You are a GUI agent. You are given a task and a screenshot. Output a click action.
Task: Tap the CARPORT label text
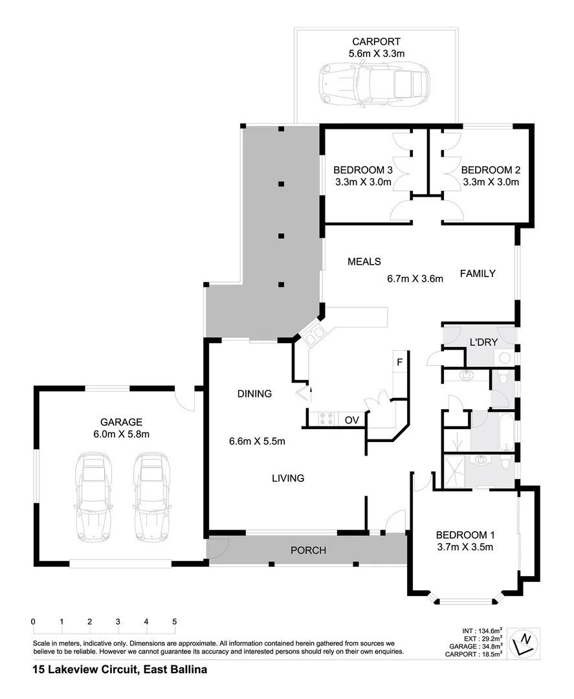(x=376, y=42)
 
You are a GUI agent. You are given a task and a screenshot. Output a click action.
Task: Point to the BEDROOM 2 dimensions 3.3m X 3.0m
(x=491, y=183)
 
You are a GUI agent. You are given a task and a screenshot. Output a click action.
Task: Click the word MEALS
(x=364, y=261)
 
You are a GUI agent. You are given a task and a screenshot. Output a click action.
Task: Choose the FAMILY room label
(x=478, y=273)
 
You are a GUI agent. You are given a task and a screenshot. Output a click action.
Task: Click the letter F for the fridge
(x=399, y=362)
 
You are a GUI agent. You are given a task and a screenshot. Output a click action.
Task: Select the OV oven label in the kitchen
(x=351, y=420)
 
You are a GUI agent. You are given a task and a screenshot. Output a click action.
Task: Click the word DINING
(x=254, y=393)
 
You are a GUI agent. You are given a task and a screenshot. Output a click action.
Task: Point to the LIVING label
(x=288, y=478)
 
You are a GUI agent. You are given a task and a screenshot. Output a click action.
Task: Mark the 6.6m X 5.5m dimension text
(x=257, y=441)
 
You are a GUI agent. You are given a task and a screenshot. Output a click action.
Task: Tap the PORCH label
(x=308, y=551)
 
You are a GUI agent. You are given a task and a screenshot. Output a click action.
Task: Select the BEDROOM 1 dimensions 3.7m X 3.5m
(x=465, y=548)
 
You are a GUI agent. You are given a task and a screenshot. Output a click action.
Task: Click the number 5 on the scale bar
(x=175, y=621)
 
